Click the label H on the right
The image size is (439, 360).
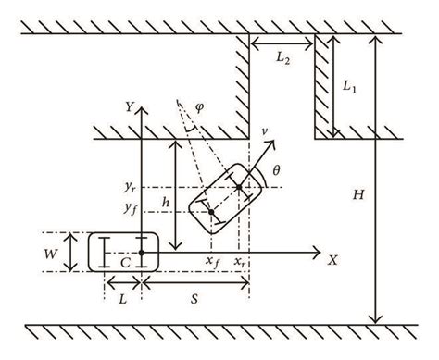[x=357, y=193]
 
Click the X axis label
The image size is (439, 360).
[x=332, y=260]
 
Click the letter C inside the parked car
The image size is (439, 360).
[x=123, y=261]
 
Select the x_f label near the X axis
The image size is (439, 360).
[x=213, y=262]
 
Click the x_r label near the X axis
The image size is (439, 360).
[x=241, y=262]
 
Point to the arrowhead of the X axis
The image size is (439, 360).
[x=318, y=251]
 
